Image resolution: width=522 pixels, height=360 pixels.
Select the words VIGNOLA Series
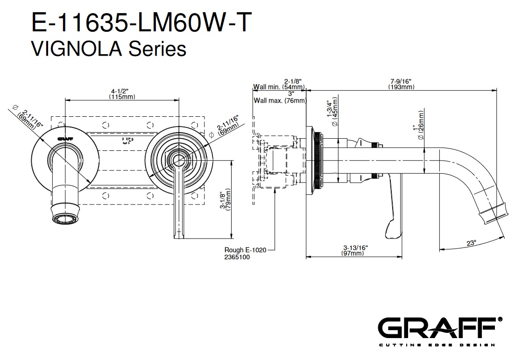[108, 48]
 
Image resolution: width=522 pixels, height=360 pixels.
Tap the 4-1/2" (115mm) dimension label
[122, 94]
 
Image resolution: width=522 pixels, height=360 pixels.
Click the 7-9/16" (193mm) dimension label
[401, 84]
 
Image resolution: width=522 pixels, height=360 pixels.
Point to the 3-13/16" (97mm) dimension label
[353, 251]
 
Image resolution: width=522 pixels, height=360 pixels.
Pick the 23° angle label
[471, 243]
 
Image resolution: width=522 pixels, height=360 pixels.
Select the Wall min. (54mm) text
[280, 87]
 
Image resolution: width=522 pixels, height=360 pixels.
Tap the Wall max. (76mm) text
[280, 100]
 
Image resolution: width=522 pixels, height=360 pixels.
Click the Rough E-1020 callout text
[245, 250]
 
